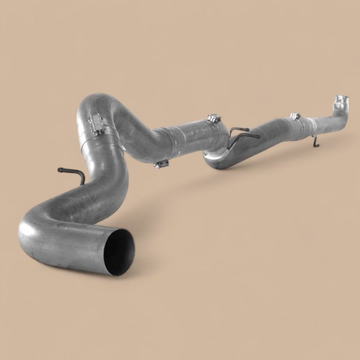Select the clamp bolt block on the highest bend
coord(96,124)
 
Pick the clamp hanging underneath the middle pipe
coord(161,164)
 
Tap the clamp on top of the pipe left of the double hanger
coord(214,119)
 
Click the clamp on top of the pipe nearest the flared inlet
coord(295,116)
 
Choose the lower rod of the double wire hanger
coord(247,136)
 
